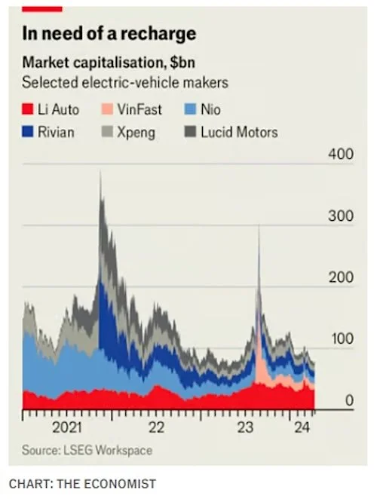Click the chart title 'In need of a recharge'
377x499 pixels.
click(x=109, y=34)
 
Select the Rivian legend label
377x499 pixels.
click(x=58, y=133)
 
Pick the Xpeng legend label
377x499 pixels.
click(x=136, y=133)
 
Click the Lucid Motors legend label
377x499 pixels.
click(x=239, y=133)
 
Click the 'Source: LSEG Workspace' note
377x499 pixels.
click(x=87, y=450)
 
